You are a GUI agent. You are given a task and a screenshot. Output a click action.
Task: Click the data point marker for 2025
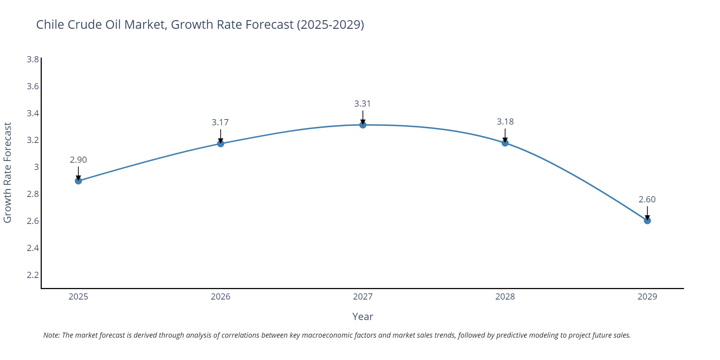(78, 181)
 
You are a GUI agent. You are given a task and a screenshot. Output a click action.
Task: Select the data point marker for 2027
(363, 125)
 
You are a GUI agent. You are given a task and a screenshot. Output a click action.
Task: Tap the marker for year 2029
(647, 221)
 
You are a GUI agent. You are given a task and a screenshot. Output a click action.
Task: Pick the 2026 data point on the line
(221, 144)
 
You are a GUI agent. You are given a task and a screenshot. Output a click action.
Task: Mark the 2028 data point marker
(505, 143)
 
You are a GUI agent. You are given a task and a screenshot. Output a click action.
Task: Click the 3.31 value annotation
(362, 104)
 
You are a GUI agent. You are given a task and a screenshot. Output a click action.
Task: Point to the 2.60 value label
(647, 199)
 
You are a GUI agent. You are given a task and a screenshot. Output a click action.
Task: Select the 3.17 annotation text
(220, 122)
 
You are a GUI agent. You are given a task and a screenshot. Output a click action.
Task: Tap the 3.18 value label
(505, 122)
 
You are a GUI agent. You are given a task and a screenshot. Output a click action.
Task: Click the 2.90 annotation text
(78, 160)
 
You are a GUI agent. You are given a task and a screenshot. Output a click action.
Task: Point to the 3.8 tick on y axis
(33, 59)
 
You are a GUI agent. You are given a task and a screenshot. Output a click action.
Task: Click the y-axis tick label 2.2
(33, 275)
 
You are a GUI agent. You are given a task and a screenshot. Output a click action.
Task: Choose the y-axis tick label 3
(36, 167)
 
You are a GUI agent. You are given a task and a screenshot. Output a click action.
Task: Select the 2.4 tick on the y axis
(33, 248)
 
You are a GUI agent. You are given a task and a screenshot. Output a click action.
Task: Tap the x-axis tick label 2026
(220, 297)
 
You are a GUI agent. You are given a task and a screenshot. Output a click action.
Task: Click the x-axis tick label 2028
(505, 297)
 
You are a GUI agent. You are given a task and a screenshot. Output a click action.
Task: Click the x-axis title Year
(363, 316)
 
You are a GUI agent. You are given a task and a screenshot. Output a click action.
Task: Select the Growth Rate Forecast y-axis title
(8, 172)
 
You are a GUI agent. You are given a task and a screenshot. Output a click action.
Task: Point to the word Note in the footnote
(51, 335)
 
